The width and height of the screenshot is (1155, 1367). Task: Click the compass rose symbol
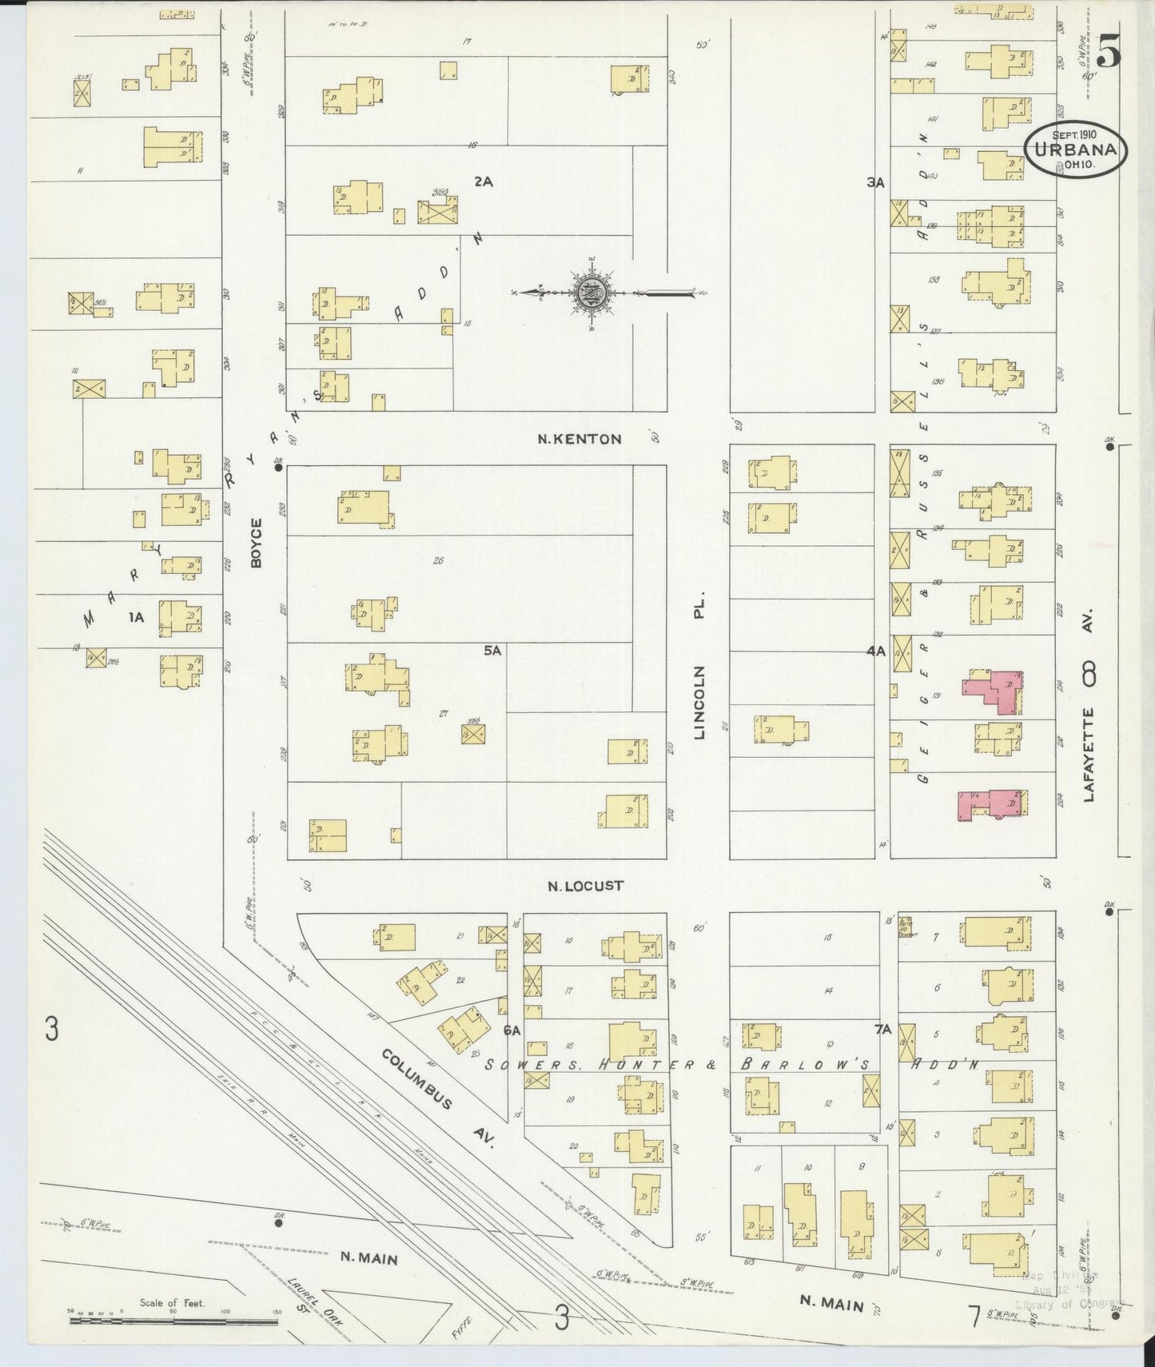(x=592, y=293)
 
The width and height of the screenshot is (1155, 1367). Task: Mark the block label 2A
(x=483, y=181)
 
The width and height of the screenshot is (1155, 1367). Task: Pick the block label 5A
(x=492, y=651)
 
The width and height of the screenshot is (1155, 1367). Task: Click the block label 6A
(x=512, y=1030)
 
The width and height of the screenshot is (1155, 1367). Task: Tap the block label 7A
(x=882, y=1030)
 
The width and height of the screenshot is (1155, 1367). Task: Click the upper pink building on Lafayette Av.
(x=995, y=691)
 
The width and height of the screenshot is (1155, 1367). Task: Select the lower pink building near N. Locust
(x=990, y=803)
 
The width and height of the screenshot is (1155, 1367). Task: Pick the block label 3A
(x=875, y=182)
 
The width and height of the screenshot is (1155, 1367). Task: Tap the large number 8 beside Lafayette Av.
(x=1088, y=677)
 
